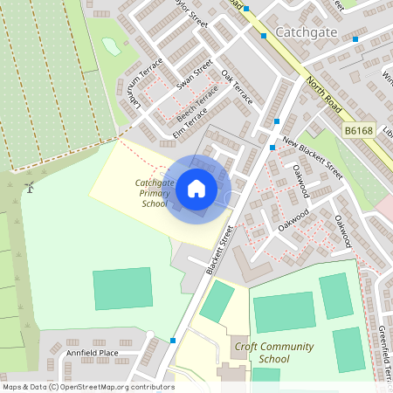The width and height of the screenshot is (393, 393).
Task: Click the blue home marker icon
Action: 196,188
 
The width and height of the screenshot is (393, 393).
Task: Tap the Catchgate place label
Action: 305,33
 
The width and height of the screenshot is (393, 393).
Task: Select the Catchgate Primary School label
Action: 153,192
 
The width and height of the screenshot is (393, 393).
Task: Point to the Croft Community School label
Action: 273,352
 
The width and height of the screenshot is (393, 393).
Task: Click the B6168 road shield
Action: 357,130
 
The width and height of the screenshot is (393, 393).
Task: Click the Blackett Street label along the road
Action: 220,251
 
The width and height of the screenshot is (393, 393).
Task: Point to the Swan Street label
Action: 195,74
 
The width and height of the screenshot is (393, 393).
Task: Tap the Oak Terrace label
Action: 237,87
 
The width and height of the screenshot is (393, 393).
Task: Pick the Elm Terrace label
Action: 190,121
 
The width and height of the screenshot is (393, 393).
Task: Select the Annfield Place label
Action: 92,353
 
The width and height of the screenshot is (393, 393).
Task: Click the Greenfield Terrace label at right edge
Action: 383,354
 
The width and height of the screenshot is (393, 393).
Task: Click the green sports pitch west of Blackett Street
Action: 122,288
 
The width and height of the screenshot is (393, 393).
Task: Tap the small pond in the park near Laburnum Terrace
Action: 111,45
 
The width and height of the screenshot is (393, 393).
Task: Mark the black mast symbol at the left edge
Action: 30,187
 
